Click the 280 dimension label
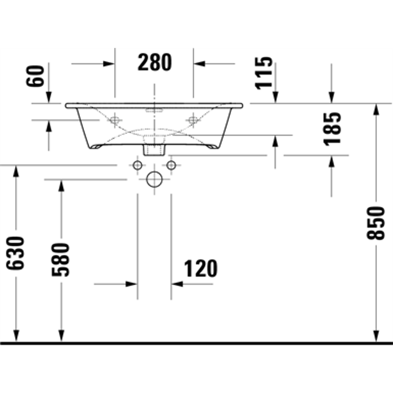[155, 62]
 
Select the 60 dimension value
[36, 76]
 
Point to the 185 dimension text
[332, 129]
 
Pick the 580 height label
[61, 259]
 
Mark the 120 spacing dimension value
[200, 268]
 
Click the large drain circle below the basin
[154, 179]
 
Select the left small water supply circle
[137, 166]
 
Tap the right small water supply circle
[171, 166]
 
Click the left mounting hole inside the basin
[115, 121]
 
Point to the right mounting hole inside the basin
[193, 121]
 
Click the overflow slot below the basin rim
[154, 109]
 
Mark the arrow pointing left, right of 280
[200, 63]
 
